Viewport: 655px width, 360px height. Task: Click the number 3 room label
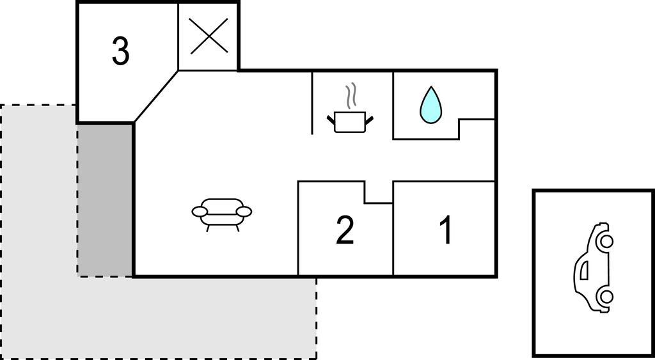tap(121, 52)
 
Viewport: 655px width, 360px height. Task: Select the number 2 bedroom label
tap(345, 230)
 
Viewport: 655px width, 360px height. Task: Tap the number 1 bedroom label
tap(446, 230)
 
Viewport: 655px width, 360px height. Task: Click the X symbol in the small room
tap(209, 36)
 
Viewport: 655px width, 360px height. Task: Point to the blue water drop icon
tap(430, 106)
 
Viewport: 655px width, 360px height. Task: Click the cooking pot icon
tap(350, 122)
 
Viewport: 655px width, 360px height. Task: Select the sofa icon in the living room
tap(222, 214)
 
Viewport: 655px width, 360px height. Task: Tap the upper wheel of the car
tap(606, 241)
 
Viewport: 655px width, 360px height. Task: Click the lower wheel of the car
tap(606, 297)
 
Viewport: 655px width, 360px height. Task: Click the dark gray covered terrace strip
tap(105, 200)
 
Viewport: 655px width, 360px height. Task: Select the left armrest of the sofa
tap(200, 212)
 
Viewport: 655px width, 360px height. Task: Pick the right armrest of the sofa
tap(244, 212)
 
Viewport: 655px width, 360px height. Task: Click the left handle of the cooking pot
tap(331, 120)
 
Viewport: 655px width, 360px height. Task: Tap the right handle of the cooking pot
tap(369, 120)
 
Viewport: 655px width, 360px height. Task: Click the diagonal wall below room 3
tap(156, 97)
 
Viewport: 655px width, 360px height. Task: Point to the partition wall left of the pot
tap(312, 103)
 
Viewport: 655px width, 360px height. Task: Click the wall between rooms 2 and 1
tap(393, 239)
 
